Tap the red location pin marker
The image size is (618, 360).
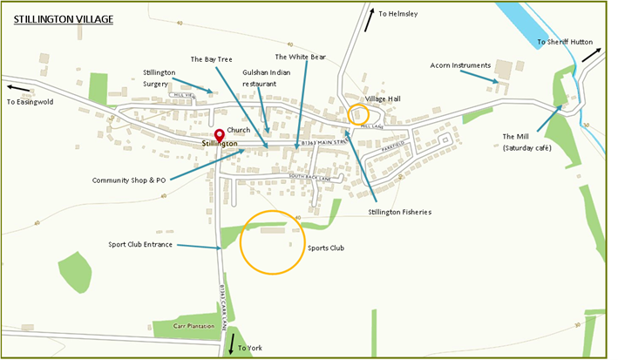pos(220,134)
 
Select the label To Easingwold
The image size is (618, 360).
pos(30,102)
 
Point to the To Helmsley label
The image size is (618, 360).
pos(398,14)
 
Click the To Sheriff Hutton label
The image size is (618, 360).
pos(564,42)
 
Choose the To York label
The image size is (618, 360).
pos(249,348)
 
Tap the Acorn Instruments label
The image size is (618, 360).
pos(460,65)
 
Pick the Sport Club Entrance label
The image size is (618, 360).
pos(140,245)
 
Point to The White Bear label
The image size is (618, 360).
pos(299,58)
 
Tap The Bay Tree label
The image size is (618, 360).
pos(210,58)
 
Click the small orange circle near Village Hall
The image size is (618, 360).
pos(358,115)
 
